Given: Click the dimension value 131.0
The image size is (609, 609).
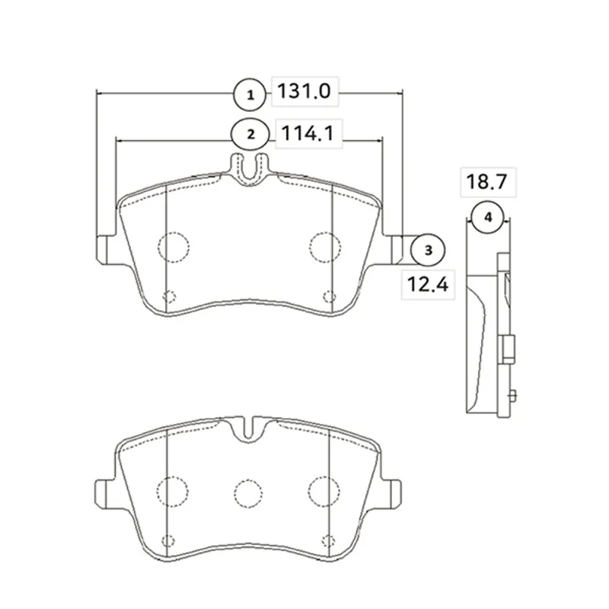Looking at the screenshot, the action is click(304, 91).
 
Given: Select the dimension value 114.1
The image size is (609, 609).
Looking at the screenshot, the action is click(308, 134).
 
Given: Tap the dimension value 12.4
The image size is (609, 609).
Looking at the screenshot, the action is click(428, 284).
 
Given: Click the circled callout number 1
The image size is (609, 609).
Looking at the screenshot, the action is click(250, 94).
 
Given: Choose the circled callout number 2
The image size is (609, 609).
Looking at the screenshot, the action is click(250, 135).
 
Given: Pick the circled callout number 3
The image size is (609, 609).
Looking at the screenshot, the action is click(428, 250).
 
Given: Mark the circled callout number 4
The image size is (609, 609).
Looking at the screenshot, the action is click(488, 217).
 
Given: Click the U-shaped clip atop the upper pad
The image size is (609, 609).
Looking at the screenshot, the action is click(250, 171).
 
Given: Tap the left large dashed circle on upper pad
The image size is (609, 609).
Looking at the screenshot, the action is click(174, 247).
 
